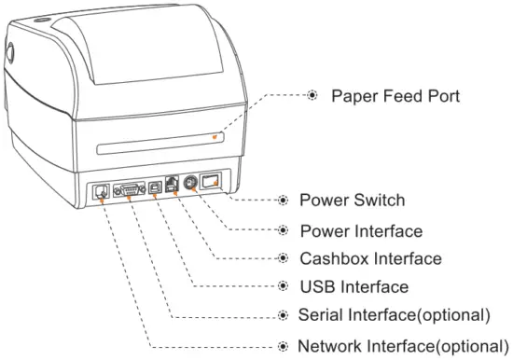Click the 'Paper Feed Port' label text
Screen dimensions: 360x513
[x=398, y=96]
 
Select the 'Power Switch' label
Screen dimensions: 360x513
[x=352, y=200]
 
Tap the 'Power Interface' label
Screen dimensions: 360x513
[x=360, y=229]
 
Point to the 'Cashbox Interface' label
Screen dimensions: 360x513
[x=370, y=257]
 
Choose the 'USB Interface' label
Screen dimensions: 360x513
[x=354, y=286]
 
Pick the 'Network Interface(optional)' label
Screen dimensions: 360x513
[x=402, y=345]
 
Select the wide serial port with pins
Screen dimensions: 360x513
[x=128, y=189]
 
